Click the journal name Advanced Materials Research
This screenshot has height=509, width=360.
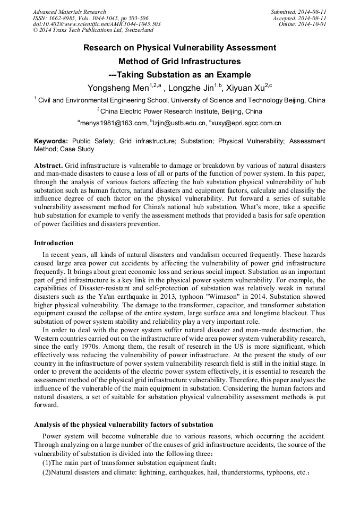pyautogui.click(x=69, y=12)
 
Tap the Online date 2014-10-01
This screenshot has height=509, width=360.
pyautogui.click(x=312, y=24)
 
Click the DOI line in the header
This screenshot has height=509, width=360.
pyautogui.click(x=97, y=24)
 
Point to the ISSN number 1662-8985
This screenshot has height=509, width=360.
pyautogui.click(x=61, y=18)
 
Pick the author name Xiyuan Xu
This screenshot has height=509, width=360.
pyautogui.click(x=245, y=87)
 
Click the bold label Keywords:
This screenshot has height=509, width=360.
pyautogui.click(x=51, y=141)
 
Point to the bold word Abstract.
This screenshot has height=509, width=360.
pyautogui.click(x=48, y=166)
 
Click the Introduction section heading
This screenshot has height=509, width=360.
pyautogui.click(x=54, y=243)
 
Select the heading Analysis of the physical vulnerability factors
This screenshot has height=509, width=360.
pyautogui.click(x=123, y=425)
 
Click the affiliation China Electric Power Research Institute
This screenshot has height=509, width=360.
pyautogui.click(x=181, y=111)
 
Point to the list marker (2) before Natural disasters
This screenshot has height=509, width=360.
pyautogui.click(x=46, y=472)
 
